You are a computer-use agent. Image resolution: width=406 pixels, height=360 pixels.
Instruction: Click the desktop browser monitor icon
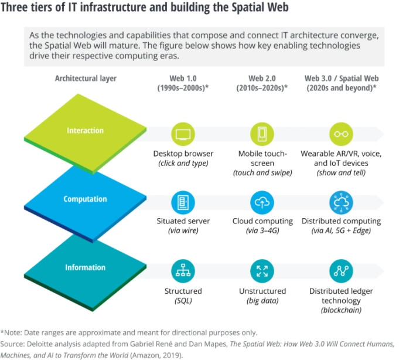click(x=183, y=133)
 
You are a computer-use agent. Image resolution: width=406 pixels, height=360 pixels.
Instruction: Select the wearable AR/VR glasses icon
click(x=340, y=133)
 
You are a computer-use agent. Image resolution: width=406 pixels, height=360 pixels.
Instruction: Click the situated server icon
click(x=183, y=202)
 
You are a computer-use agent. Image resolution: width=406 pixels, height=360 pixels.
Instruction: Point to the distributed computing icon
click(x=340, y=202)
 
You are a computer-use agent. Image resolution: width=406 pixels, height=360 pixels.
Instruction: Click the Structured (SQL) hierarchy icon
click(x=183, y=270)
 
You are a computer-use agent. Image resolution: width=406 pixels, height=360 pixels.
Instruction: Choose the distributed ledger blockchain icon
click(x=340, y=270)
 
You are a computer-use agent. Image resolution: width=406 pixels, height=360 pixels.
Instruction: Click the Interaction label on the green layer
click(x=85, y=131)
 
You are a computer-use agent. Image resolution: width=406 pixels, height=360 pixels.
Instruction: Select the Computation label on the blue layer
click(x=85, y=199)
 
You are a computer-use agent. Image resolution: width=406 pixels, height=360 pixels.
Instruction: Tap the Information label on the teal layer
click(x=85, y=267)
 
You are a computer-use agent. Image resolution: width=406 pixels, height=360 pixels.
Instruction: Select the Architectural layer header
click(x=86, y=78)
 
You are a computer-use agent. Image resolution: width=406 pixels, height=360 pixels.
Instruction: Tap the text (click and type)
click(x=183, y=164)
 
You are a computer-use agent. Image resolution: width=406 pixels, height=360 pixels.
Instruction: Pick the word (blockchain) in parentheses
click(x=340, y=310)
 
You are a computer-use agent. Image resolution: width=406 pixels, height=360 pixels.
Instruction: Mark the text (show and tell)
click(x=340, y=173)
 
